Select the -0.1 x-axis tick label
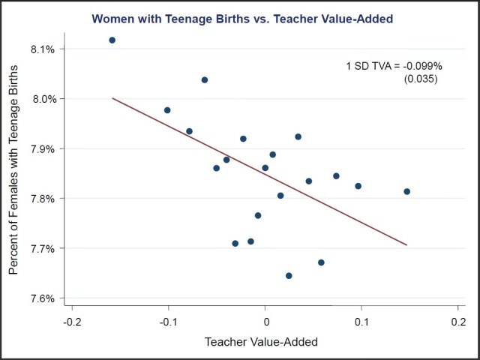(x=168, y=322)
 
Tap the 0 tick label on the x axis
(x=265, y=322)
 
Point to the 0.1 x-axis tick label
(x=362, y=322)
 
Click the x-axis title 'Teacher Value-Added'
(x=262, y=342)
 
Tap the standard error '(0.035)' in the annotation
(x=420, y=79)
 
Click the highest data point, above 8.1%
(x=112, y=40)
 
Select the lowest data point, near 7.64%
(x=289, y=276)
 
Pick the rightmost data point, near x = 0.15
(x=406, y=191)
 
